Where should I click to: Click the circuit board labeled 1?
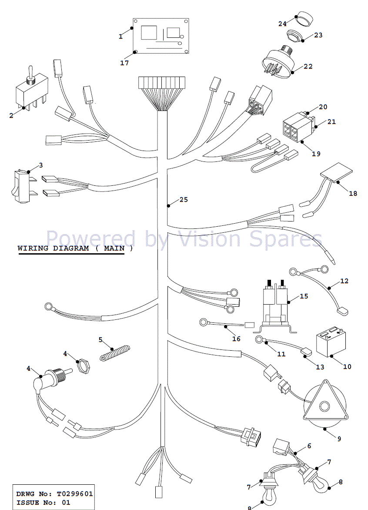tap(161, 37)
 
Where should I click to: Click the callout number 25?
tap(184, 200)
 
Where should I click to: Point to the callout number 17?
tap(125, 63)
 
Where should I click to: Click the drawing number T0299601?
tap(74, 494)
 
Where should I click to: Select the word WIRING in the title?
tap(33, 248)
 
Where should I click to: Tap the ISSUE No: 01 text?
tap(43, 503)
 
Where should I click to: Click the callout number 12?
tap(344, 281)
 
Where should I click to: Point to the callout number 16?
tap(236, 339)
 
